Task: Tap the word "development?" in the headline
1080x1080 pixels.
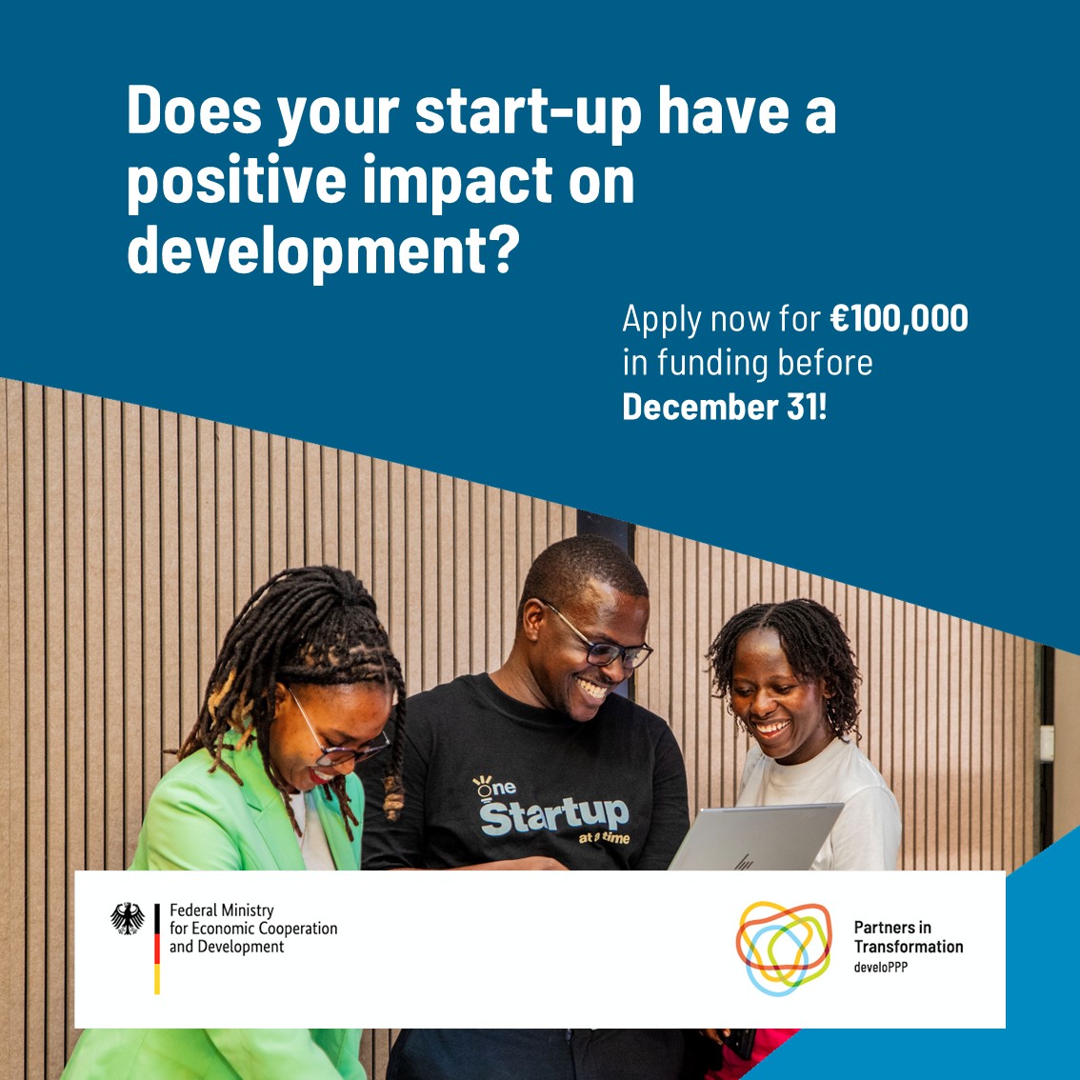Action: [x=324, y=250]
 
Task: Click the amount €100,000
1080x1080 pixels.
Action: [x=898, y=318]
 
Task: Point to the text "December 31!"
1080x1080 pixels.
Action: [x=725, y=407]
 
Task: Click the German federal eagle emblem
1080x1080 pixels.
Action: [x=128, y=918]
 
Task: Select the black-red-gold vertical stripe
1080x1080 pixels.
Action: [x=157, y=948]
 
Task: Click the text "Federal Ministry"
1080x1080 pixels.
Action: [x=221, y=910]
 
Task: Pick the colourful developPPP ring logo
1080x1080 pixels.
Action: [x=783, y=948]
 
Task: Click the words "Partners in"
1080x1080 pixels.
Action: [x=892, y=928]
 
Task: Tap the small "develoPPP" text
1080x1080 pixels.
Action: [x=880, y=967]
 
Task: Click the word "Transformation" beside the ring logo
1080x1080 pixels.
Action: [x=909, y=947]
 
